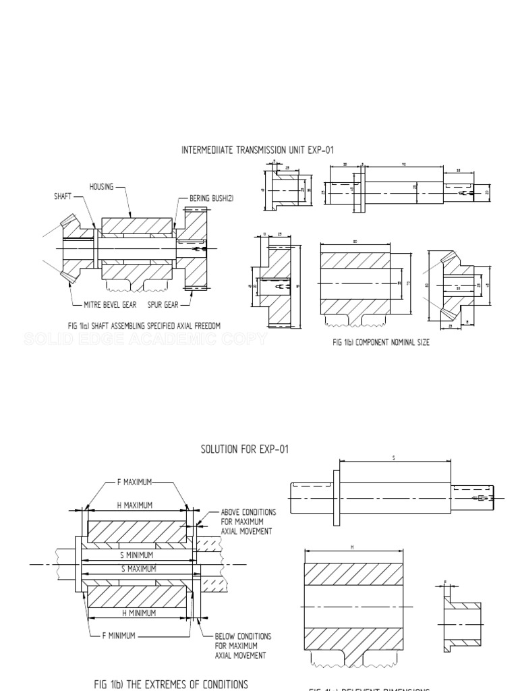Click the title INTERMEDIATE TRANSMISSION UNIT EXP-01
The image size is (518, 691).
coord(258,150)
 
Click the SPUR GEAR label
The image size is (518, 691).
coord(164,305)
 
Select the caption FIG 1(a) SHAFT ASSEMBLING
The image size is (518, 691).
coord(144,325)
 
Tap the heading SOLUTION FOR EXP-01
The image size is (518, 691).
coord(245,449)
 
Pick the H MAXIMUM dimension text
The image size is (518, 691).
coord(135,505)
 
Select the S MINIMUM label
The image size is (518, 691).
coord(138,554)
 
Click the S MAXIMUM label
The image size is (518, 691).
coord(138,569)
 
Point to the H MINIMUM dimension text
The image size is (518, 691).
coord(138,613)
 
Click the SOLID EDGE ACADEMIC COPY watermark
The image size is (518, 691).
coord(145,339)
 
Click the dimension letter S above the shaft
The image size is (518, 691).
coord(393,458)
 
